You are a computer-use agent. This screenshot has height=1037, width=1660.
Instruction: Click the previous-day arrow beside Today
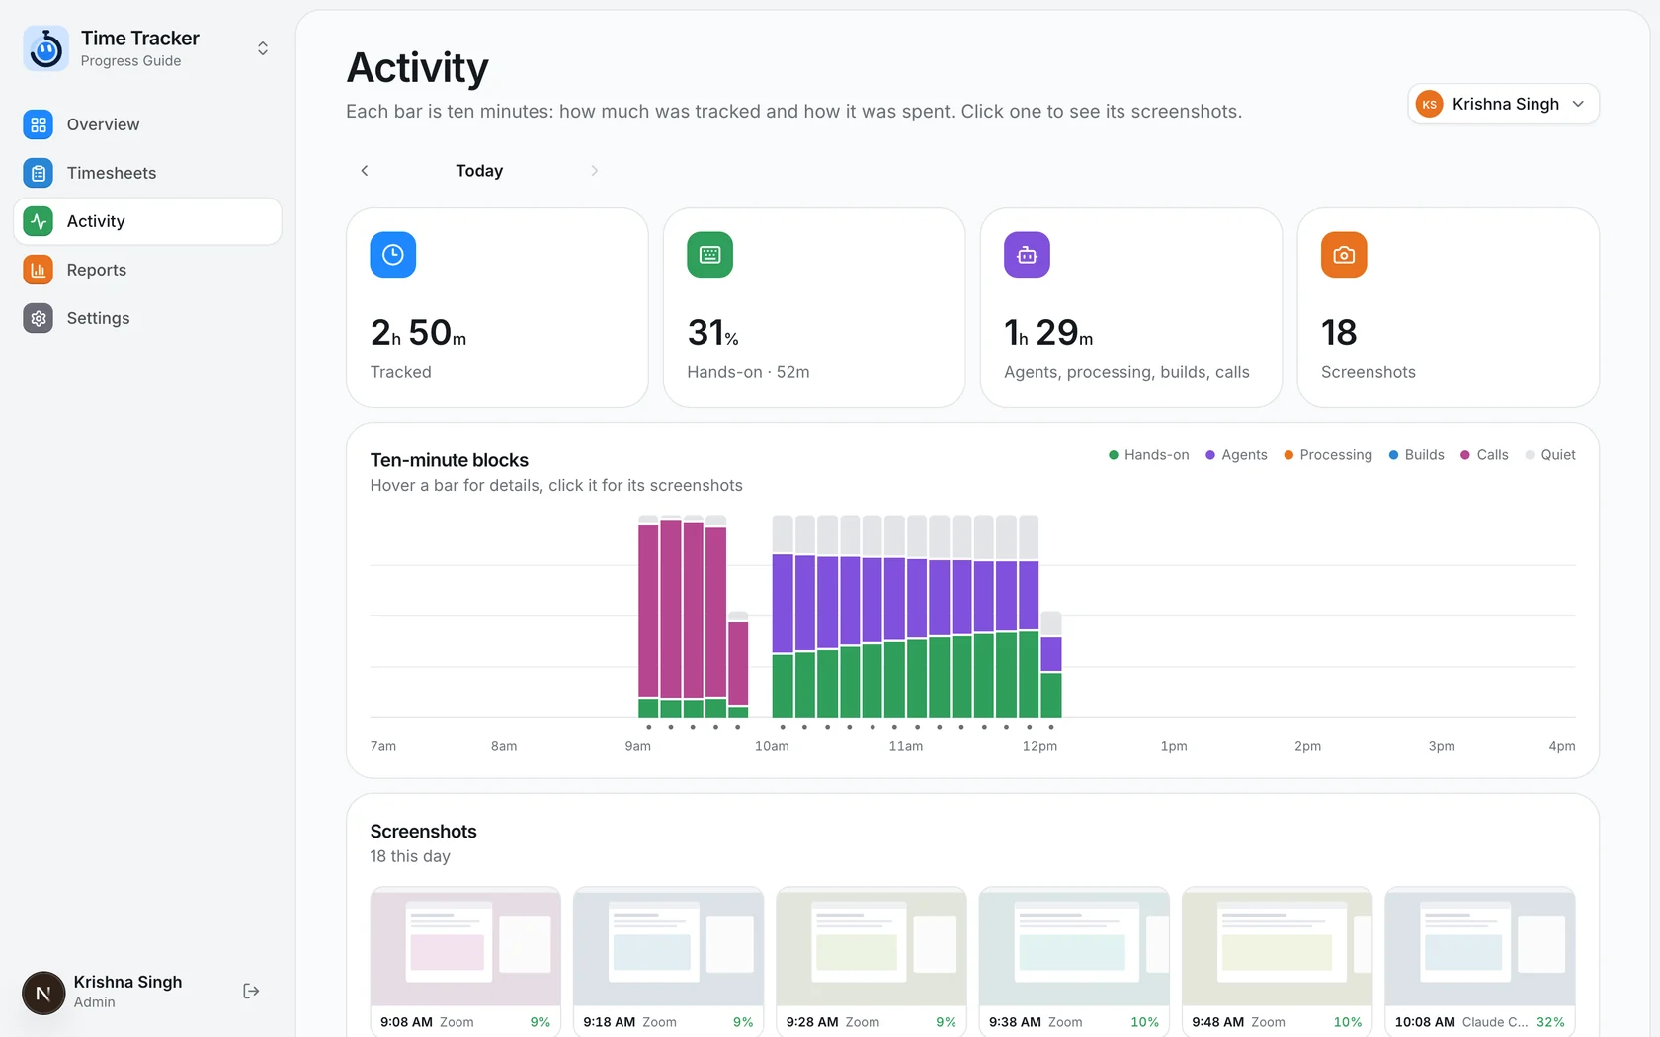click(x=364, y=170)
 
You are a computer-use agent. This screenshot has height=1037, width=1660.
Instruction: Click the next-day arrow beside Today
click(x=595, y=170)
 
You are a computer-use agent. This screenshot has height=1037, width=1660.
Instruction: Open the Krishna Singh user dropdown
click(x=1503, y=104)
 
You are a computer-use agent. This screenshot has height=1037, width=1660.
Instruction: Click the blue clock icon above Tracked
click(x=393, y=255)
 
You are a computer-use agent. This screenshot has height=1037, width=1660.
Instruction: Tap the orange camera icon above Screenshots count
click(x=1344, y=255)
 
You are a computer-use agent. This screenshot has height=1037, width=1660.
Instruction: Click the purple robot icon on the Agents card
click(x=1027, y=255)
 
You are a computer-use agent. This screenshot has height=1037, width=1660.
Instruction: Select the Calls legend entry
click(x=1484, y=454)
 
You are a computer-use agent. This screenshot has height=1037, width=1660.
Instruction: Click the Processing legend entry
click(x=1328, y=454)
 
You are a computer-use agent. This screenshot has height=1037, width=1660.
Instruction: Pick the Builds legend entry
click(x=1416, y=454)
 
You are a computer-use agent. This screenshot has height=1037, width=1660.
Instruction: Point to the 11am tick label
click(x=905, y=745)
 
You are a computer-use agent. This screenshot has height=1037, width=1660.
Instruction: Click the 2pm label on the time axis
click(x=1307, y=745)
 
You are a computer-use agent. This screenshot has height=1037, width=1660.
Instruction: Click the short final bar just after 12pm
click(x=1051, y=665)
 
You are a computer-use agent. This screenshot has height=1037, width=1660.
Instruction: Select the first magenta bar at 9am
click(x=648, y=616)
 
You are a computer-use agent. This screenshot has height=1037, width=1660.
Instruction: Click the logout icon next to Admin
click(x=251, y=992)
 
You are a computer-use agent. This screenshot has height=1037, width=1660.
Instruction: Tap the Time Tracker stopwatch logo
click(x=45, y=49)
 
